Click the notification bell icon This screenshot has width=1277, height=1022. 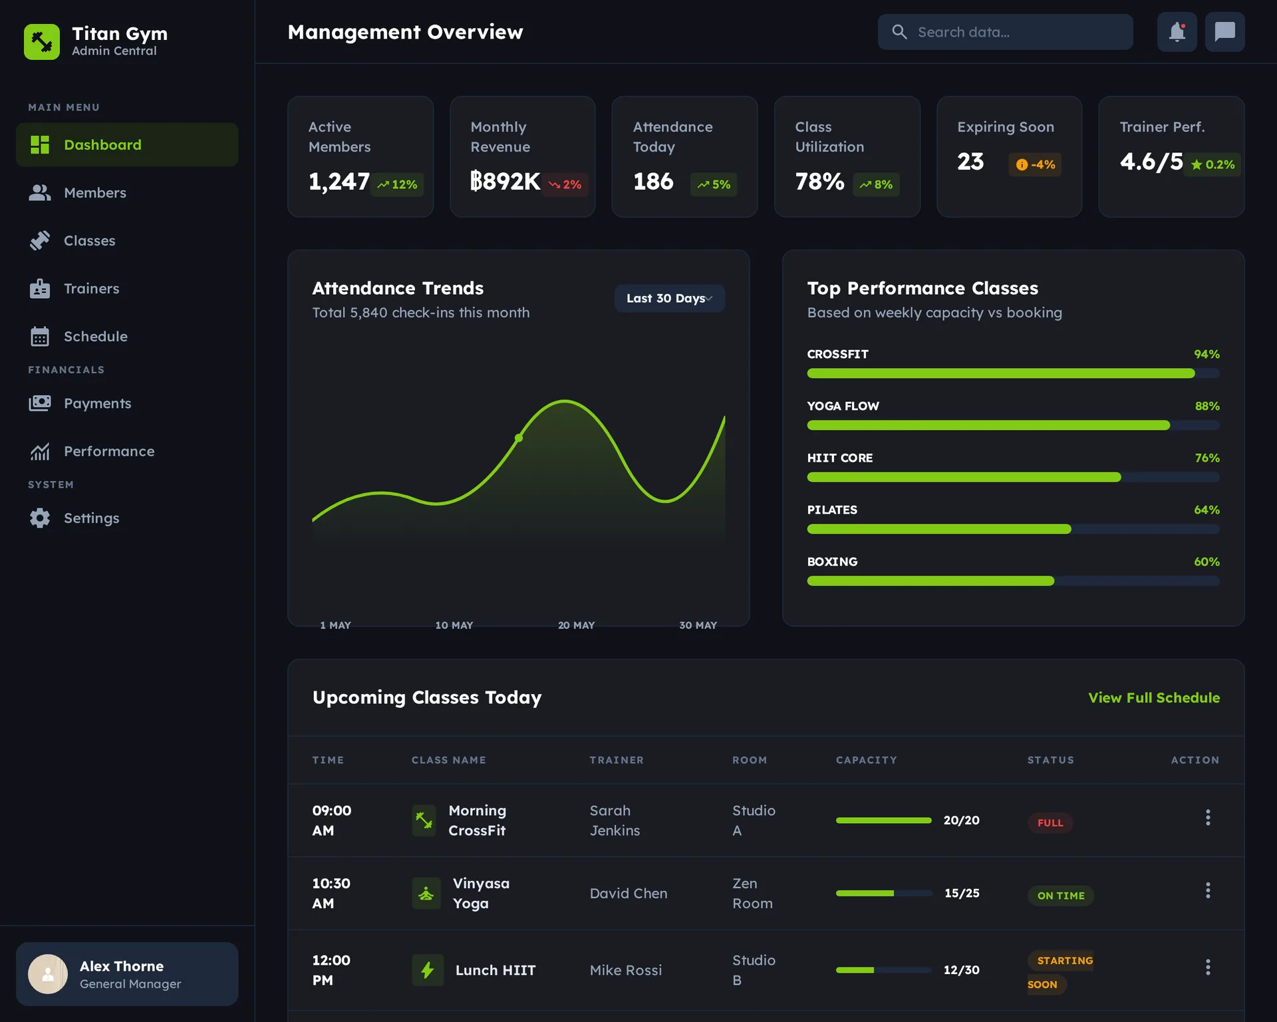(x=1177, y=32)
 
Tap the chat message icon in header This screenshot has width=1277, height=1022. (x=1224, y=32)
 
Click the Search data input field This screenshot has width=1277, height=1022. (x=1005, y=32)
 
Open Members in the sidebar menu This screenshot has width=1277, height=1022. (x=94, y=193)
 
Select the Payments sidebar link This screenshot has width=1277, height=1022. (x=97, y=404)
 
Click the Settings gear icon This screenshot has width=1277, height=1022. (x=40, y=518)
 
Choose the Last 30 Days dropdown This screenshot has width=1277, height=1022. (x=669, y=299)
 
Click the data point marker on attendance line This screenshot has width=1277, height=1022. (x=519, y=438)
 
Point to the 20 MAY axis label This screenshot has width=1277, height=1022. (x=576, y=625)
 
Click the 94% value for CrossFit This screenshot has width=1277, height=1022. (x=1206, y=355)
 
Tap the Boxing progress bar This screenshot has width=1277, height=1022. (x=1012, y=581)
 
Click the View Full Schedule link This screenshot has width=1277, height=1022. (x=1153, y=698)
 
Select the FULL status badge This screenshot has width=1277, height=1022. (x=1050, y=823)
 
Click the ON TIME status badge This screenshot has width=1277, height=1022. (x=1060, y=896)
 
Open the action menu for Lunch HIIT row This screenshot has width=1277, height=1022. (x=1208, y=967)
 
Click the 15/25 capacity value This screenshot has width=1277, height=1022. (x=961, y=894)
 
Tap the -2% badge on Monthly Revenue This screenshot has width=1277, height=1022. (x=565, y=185)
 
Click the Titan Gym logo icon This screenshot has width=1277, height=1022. (x=42, y=42)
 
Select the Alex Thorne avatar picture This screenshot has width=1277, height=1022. (x=48, y=974)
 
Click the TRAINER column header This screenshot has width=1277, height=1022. (x=616, y=761)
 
